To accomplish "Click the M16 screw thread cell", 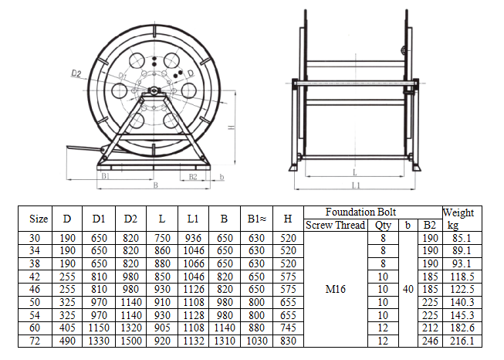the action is tap(335, 289).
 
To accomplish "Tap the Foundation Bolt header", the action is tap(360, 212).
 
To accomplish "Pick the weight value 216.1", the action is tap(462, 341).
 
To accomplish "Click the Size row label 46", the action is tap(35, 289).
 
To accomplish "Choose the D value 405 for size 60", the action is tap(67, 328).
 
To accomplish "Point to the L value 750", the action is tap(162, 238).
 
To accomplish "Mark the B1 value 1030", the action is tap(257, 341).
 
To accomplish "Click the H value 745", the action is tap(288, 328).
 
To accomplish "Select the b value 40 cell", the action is tap(408, 289).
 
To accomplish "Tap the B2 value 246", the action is tap(430, 341).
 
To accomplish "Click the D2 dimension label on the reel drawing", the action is tap(76, 73).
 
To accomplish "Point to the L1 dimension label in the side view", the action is tap(356, 185).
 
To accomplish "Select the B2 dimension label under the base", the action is tap(193, 177).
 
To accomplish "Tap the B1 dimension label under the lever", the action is tap(106, 176).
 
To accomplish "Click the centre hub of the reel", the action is tap(154, 90).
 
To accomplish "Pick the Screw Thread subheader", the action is tap(335, 225).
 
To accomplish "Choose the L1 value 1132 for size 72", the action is tap(194, 341).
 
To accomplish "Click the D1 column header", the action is tap(99, 219).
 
